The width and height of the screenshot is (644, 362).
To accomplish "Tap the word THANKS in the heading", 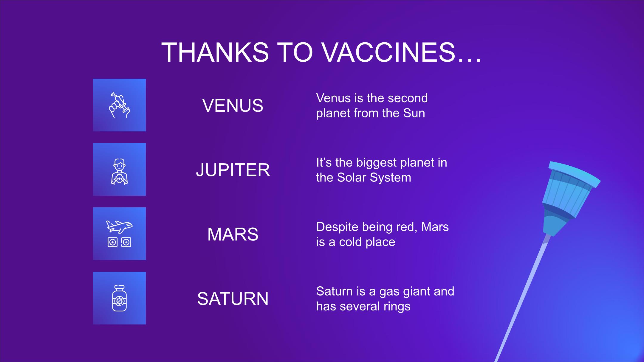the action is pyautogui.click(x=215, y=52).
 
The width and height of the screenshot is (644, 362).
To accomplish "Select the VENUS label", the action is pyautogui.click(x=233, y=105).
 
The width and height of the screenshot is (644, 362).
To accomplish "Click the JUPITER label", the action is pyautogui.click(x=233, y=170).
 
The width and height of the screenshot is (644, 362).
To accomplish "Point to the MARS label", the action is pyautogui.click(x=233, y=234).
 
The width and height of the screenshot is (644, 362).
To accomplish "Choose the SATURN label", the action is pyautogui.click(x=233, y=299).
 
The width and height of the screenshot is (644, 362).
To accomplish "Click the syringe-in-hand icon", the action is pyautogui.click(x=119, y=105).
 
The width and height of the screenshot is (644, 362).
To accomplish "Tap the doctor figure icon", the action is pyautogui.click(x=119, y=172).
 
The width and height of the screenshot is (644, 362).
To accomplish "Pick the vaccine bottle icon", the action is pyautogui.click(x=119, y=298).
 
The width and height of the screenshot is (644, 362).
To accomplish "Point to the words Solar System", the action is pyautogui.click(x=374, y=178).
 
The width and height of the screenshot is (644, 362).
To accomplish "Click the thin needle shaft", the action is pyautogui.click(x=522, y=298).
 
